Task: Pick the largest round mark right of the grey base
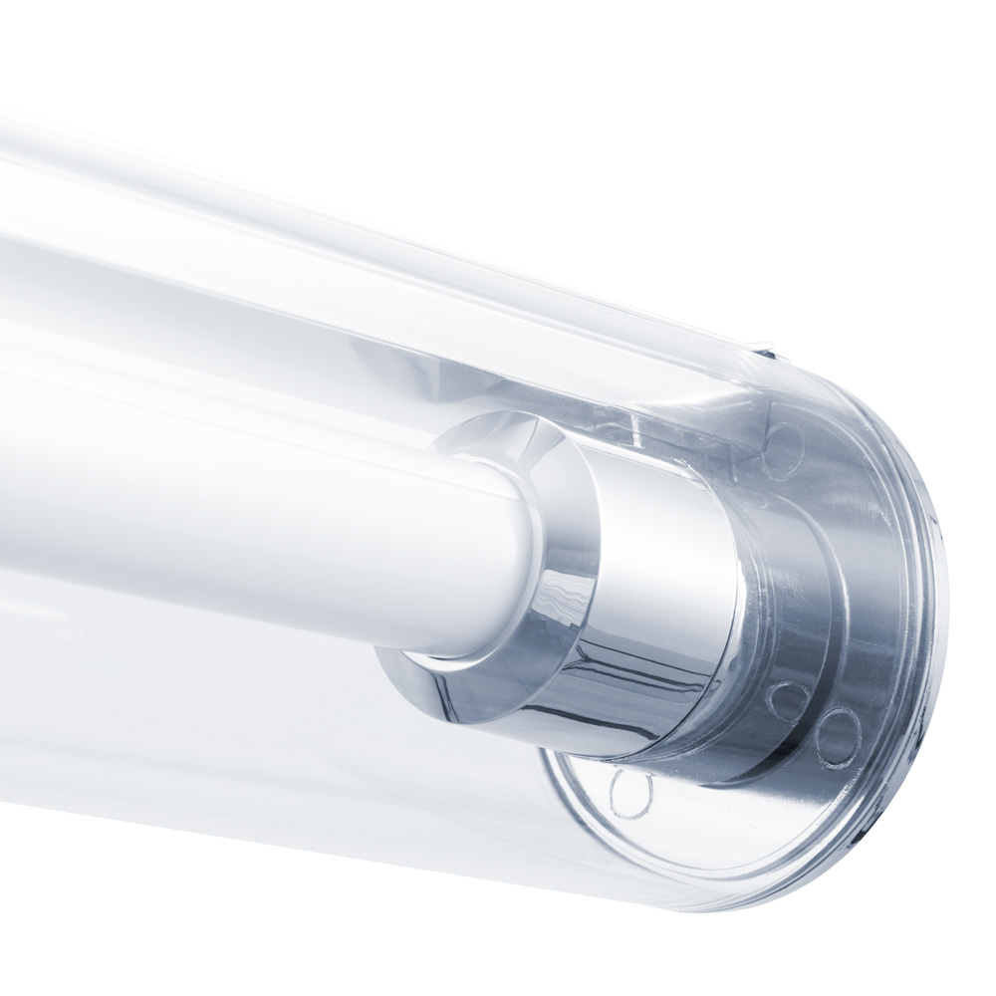pos(837,738)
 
